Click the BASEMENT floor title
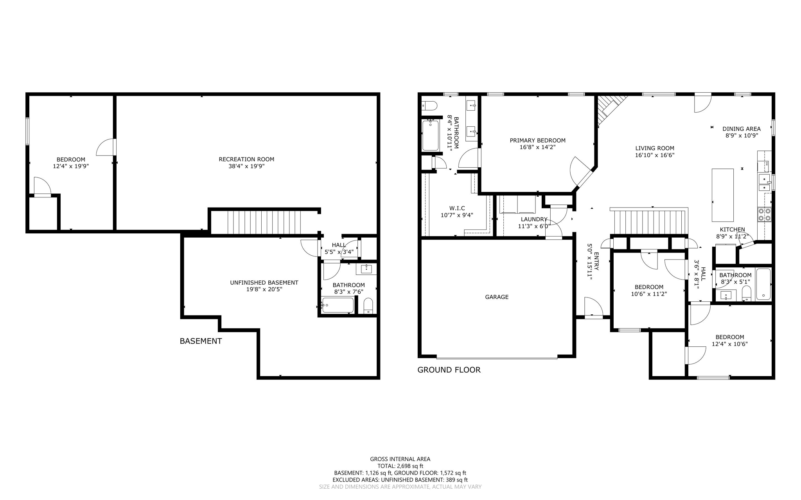(201, 341)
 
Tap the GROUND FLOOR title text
(449, 370)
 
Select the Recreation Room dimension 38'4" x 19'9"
(246, 166)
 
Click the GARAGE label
(497, 297)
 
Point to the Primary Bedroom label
(537, 140)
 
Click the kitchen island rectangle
(722, 195)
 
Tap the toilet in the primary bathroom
(429, 106)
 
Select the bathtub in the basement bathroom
(338, 305)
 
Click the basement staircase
(265, 222)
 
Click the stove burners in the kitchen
(765, 214)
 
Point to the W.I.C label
(457, 208)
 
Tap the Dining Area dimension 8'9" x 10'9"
(742, 136)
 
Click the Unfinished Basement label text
(264, 283)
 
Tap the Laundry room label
(534, 219)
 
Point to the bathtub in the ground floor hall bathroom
(763, 284)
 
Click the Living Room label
(655, 148)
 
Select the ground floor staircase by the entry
(649, 222)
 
